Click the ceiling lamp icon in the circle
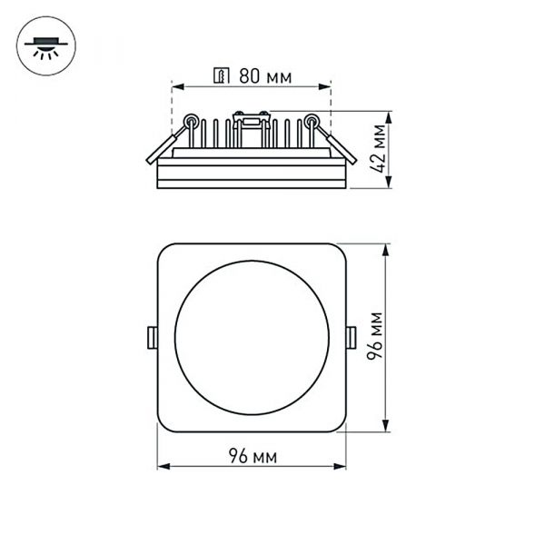click(43, 46)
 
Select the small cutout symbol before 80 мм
click(219, 75)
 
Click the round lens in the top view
click(252, 337)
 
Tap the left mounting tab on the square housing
click(152, 337)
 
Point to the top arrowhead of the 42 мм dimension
click(389, 117)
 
